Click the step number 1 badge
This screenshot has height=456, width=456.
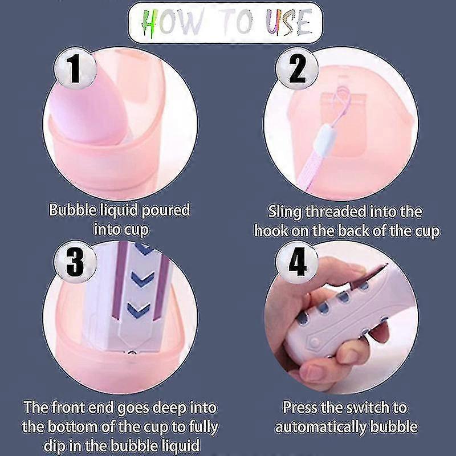tap(75, 68)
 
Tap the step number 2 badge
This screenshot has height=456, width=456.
tap(297, 68)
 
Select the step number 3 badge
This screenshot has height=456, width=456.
tap(75, 262)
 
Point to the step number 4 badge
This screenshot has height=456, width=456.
tap(297, 262)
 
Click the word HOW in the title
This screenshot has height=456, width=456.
tap(172, 22)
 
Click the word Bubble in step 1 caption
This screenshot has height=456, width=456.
tap(72, 210)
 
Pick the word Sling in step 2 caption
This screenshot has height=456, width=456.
tap(284, 211)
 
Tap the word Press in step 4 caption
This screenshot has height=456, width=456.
tap(300, 407)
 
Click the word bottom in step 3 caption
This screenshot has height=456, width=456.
tap(72, 427)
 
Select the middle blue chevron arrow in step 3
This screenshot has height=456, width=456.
tap(142, 279)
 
